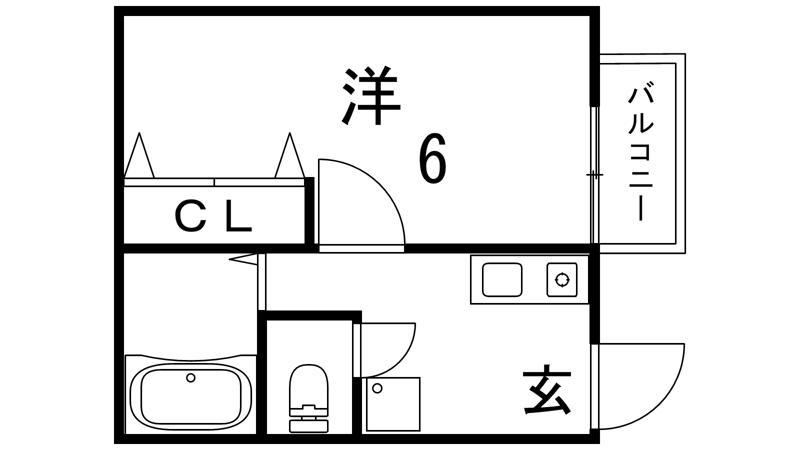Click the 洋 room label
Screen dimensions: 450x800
[372, 96]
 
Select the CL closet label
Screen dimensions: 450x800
[213, 219]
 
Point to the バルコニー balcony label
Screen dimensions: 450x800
[640, 154]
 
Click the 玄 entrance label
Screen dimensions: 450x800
[547, 393]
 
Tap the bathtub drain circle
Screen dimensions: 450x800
[190, 378]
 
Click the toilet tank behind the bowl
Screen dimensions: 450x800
[308, 419]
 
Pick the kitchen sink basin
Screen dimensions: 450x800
[502, 280]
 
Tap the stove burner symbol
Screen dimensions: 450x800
[561, 280]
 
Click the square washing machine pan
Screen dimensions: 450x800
[393, 404]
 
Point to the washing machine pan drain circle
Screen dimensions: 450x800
[377, 388]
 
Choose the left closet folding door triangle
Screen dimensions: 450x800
[139, 159]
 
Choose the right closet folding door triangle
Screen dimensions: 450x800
[289, 159]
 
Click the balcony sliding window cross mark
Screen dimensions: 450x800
[594, 175]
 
